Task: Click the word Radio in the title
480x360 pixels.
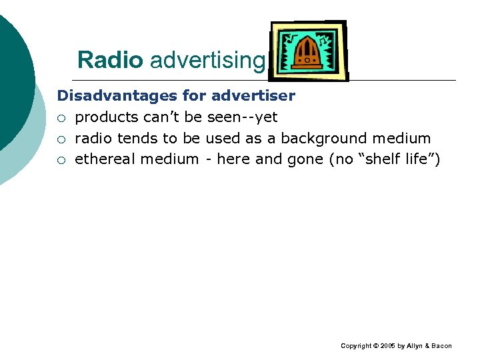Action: (x=110, y=60)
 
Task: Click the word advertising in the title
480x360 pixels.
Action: (x=207, y=61)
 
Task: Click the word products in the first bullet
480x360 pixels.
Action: (x=107, y=118)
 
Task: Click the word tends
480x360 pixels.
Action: (x=137, y=139)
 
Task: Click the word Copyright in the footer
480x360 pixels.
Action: (x=356, y=346)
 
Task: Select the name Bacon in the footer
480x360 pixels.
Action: (x=441, y=346)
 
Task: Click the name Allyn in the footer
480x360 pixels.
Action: (x=414, y=346)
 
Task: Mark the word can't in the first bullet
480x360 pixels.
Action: (x=162, y=117)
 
